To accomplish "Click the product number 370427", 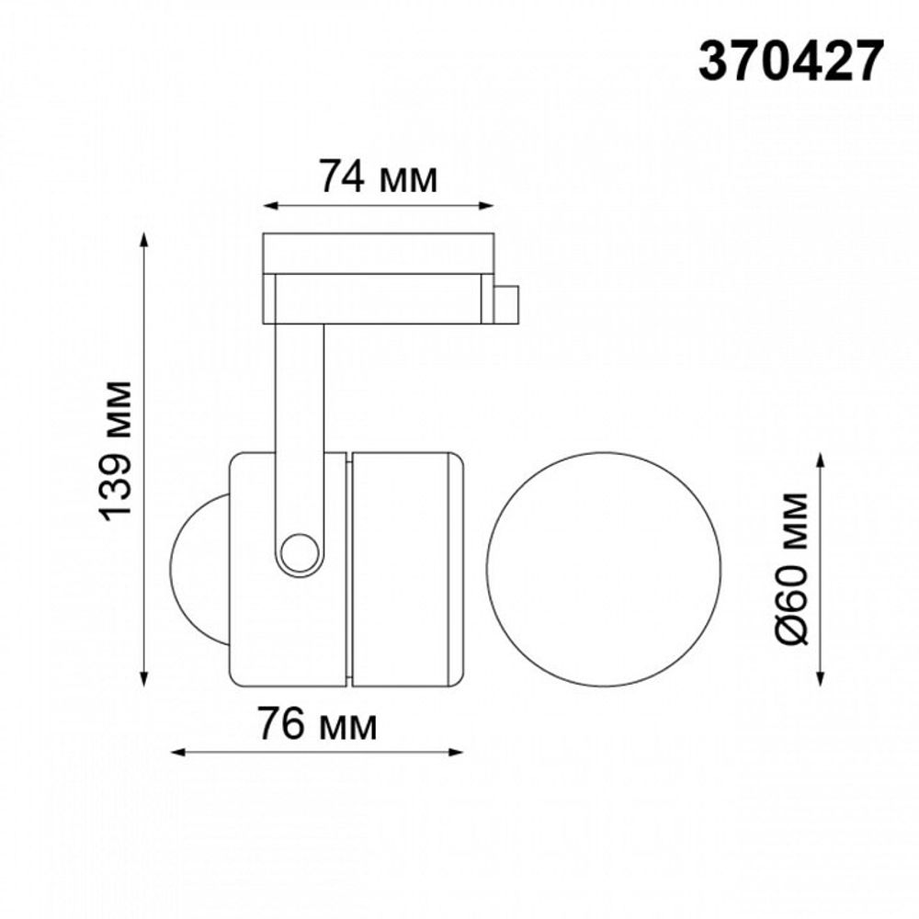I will point(790,62).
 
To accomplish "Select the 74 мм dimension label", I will point(378,176).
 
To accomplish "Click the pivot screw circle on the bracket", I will point(298,553).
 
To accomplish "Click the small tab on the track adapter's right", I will point(506,304).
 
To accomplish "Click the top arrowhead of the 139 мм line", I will point(143,240).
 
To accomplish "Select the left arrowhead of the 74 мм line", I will point(269,205).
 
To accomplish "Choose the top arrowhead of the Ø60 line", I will point(822,459).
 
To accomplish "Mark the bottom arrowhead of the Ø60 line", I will point(822,678).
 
